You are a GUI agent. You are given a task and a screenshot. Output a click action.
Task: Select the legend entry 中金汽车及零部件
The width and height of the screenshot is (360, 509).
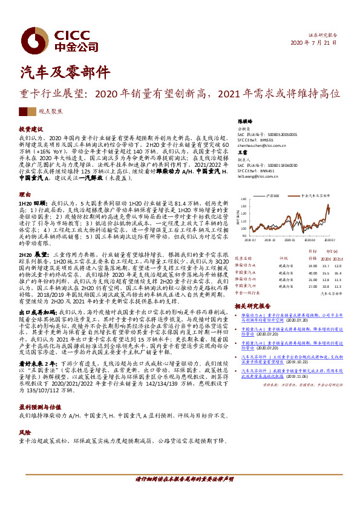[x=315, y=197]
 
